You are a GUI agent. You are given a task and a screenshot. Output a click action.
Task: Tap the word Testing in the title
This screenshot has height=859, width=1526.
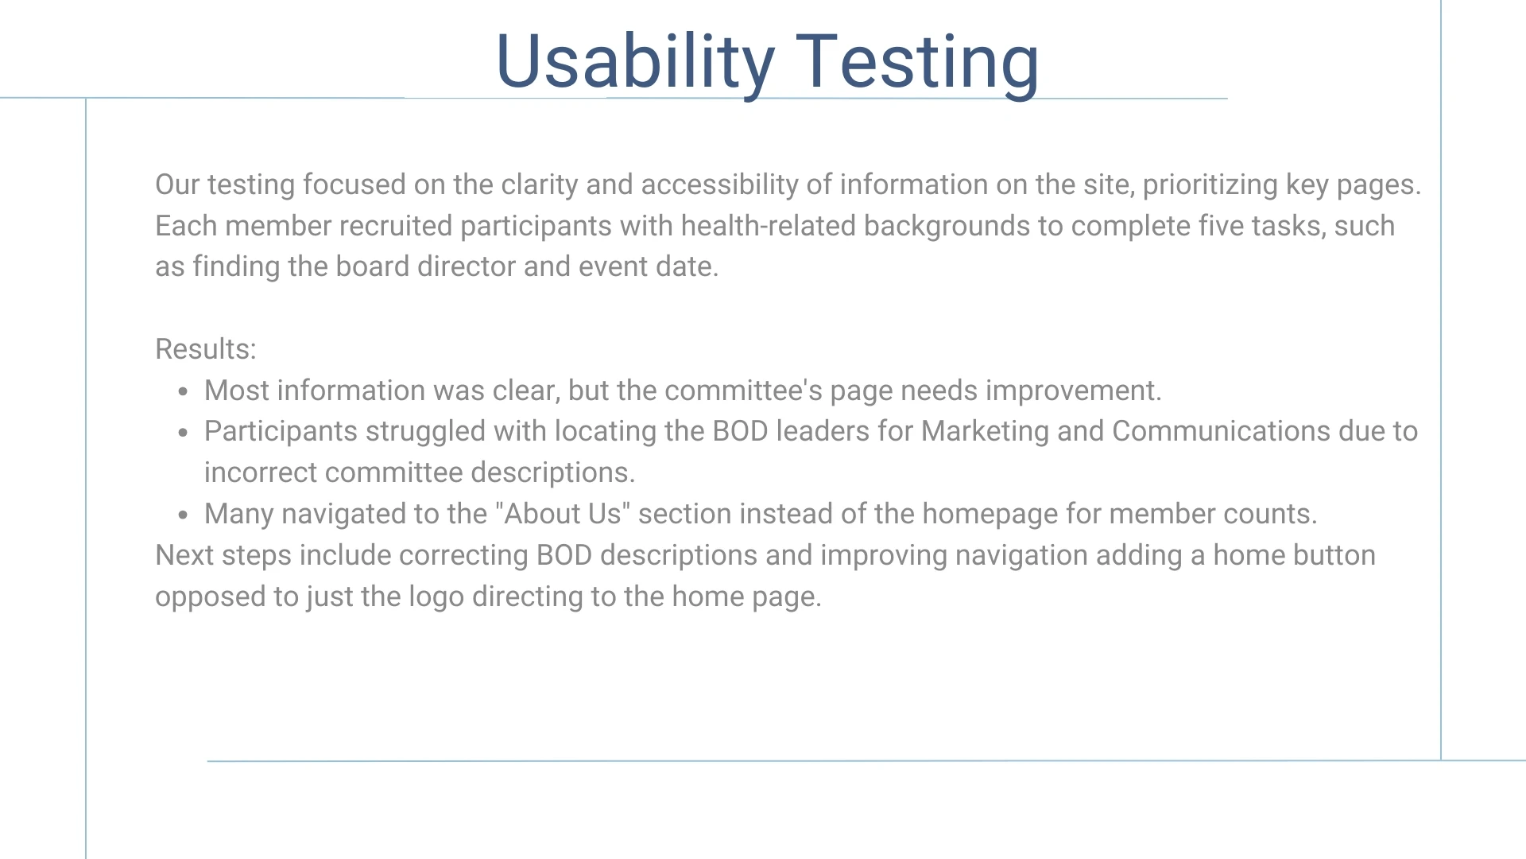(917, 63)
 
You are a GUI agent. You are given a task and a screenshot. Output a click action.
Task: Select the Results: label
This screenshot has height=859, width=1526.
(206, 349)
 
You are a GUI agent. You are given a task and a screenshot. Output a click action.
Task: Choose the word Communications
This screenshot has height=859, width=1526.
(1221, 431)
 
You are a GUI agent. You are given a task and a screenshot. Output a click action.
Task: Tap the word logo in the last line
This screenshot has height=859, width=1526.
(436, 597)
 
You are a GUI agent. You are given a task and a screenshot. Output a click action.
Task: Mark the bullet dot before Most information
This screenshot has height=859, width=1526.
(184, 391)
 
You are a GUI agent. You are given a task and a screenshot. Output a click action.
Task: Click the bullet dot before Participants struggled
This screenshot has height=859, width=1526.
(184, 433)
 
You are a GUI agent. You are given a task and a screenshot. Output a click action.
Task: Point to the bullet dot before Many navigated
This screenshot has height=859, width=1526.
(184, 515)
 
